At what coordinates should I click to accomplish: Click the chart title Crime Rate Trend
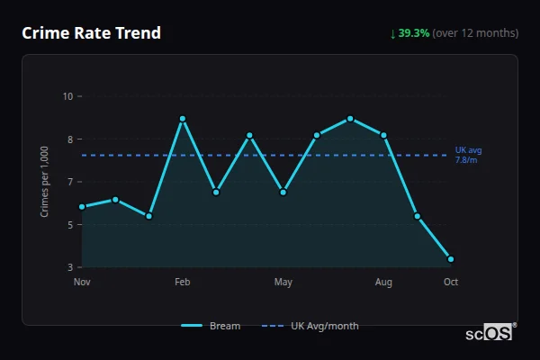[92, 33]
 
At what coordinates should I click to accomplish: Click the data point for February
[183, 119]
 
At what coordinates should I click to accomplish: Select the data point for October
[451, 259]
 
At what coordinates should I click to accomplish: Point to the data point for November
[82, 207]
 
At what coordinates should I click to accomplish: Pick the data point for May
[283, 192]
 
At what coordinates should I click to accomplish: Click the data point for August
[383, 135]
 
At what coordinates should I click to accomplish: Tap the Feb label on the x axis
[183, 283]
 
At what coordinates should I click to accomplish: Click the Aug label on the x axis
[383, 283]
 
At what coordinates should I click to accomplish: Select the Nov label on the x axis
[82, 283]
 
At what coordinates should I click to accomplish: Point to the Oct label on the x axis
[451, 283]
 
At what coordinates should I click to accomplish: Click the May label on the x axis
[283, 283]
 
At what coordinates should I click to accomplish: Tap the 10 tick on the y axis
[67, 96]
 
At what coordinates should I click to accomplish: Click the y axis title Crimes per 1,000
[45, 182]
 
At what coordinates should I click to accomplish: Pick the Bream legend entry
[211, 326]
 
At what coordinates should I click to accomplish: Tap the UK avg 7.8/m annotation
[466, 154]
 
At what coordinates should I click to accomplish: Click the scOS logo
[489, 333]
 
